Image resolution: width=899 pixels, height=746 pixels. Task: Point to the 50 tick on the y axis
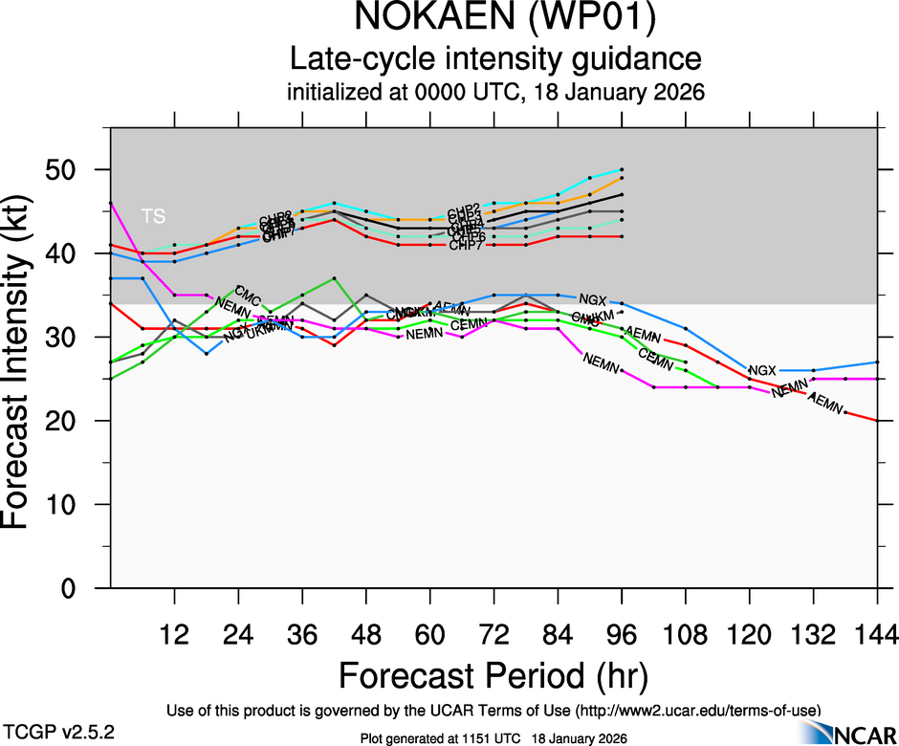[x=75, y=169]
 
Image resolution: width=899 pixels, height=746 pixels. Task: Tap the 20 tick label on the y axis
[x=75, y=421]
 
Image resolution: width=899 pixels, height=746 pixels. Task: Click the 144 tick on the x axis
[x=878, y=634]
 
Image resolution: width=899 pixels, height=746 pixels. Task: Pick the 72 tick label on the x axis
[x=493, y=634]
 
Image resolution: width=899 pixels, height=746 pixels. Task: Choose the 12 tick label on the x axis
[x=174, y=634]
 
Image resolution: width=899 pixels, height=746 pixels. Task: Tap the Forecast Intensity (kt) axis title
[x=23, y=356]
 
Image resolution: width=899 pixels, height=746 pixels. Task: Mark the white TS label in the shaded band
[x=153, y=216]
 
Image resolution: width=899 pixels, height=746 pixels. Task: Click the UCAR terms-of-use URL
[x=698, y=710]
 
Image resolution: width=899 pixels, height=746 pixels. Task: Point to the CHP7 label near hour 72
[x=467, y=246]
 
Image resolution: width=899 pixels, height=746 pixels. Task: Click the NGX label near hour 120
[x=762, y=370]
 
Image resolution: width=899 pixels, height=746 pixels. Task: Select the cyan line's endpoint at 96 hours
[x=622, y=169]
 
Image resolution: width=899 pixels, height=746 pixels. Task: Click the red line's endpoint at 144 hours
[x=878, y=421]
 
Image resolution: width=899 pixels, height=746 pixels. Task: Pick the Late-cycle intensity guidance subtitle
[x=495, y=59]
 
